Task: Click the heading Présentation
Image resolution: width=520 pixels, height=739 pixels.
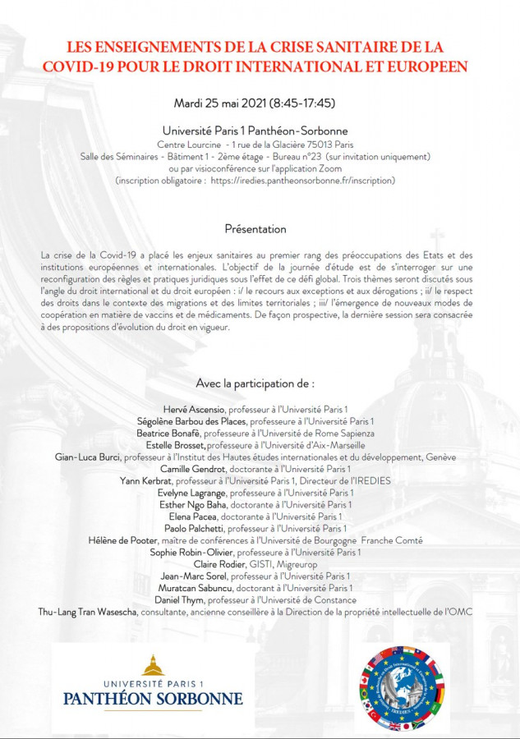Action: pyautogui.click(x=255, y=229)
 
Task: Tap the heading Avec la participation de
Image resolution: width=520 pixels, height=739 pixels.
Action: pyautogui.click(x=255, y=383)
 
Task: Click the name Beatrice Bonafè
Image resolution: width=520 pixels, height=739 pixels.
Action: pyautogui.click(x=168, y=433)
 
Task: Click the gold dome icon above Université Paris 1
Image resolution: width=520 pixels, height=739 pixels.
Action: pyautogui.click(x=153, y=665)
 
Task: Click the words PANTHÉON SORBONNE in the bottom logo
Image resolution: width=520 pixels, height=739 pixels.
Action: pyautogui.click(x=153, y=700)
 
